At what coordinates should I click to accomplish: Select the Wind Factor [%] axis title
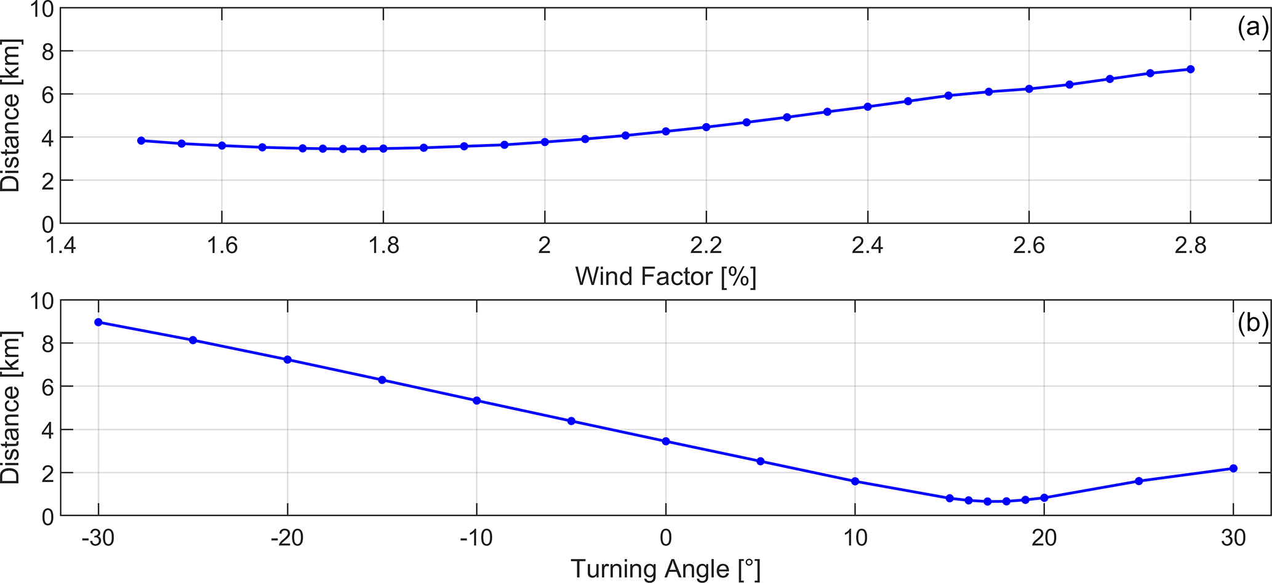(x=665, y=277)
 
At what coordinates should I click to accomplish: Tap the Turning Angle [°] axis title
(x=665, y=569)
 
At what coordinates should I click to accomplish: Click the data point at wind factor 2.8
(x=1190, y=69)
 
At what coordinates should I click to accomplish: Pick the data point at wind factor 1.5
(x=142, y=140)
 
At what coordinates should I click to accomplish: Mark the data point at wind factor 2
(x=545, y=142)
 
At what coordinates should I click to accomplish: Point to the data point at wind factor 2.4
(x=868, y=107)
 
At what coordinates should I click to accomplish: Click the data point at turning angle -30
(x=98, y=322)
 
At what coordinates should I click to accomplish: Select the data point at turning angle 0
(x=666, y=441)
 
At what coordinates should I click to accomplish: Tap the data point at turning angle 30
(x=1233, y=468)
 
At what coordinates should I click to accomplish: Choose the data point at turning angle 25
(x=1138, y=481)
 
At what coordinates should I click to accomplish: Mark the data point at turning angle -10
(x=476, y=401)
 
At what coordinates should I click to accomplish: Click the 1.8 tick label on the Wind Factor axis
(x=383, y=246)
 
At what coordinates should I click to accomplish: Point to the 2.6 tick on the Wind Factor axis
(x=1029, y=246)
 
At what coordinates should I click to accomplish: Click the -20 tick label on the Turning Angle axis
(x=287, y=538)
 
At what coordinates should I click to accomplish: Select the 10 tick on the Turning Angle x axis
(x=855, y=538)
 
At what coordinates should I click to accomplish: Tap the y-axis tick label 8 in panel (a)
(x=47, y=51)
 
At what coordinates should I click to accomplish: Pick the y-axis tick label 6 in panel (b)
(x=47, y=387)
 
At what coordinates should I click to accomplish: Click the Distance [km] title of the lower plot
(x=11, y=408)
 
